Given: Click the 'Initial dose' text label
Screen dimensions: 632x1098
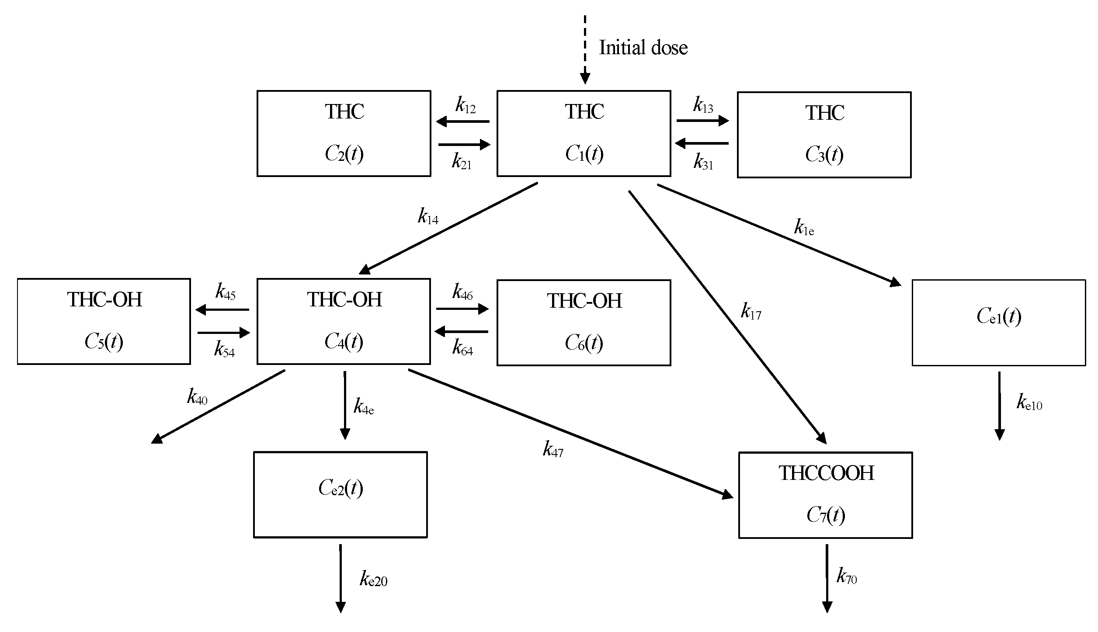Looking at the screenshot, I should point(643,48).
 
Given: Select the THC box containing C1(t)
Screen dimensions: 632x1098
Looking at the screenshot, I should point(584,133).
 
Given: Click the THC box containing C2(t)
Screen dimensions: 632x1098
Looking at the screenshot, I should point(344,133).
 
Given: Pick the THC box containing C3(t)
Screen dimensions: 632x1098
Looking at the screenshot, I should point(824,135).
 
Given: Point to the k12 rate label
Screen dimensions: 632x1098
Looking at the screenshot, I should point(465,106).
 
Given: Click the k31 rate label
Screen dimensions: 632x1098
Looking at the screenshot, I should point(703,162).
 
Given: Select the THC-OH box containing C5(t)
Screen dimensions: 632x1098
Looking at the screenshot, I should point(104,321).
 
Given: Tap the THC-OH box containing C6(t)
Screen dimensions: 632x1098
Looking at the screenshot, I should point(584,323).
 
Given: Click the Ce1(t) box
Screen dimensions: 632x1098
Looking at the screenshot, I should point(999,323).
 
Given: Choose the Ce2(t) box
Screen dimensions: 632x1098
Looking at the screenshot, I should point(341,494).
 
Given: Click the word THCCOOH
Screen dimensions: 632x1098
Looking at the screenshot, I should point(826,473).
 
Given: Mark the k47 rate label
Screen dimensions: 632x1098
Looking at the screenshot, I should point(553,449).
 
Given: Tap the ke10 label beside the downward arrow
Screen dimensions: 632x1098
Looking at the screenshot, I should point(1029,403).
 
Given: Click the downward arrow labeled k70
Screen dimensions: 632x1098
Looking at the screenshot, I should point(827,578).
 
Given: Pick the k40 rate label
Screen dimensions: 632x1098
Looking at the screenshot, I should point(197,397).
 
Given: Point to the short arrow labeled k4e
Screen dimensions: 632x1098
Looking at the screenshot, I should point(345,405).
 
